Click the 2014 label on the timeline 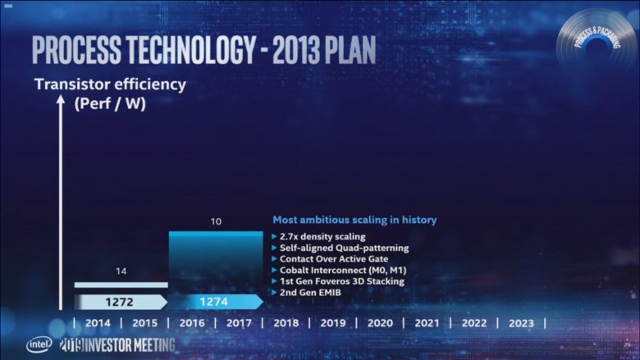tap(97, 323)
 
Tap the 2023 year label tap(521, 323)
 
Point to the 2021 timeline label tap(426, 323)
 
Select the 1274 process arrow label tap(214, 302)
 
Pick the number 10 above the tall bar tap(215, 221)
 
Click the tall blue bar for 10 tap(215, 261)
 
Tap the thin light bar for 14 tap(121, 285)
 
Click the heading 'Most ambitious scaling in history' tap(354, 220)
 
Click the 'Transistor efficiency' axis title tap(109, 84)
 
